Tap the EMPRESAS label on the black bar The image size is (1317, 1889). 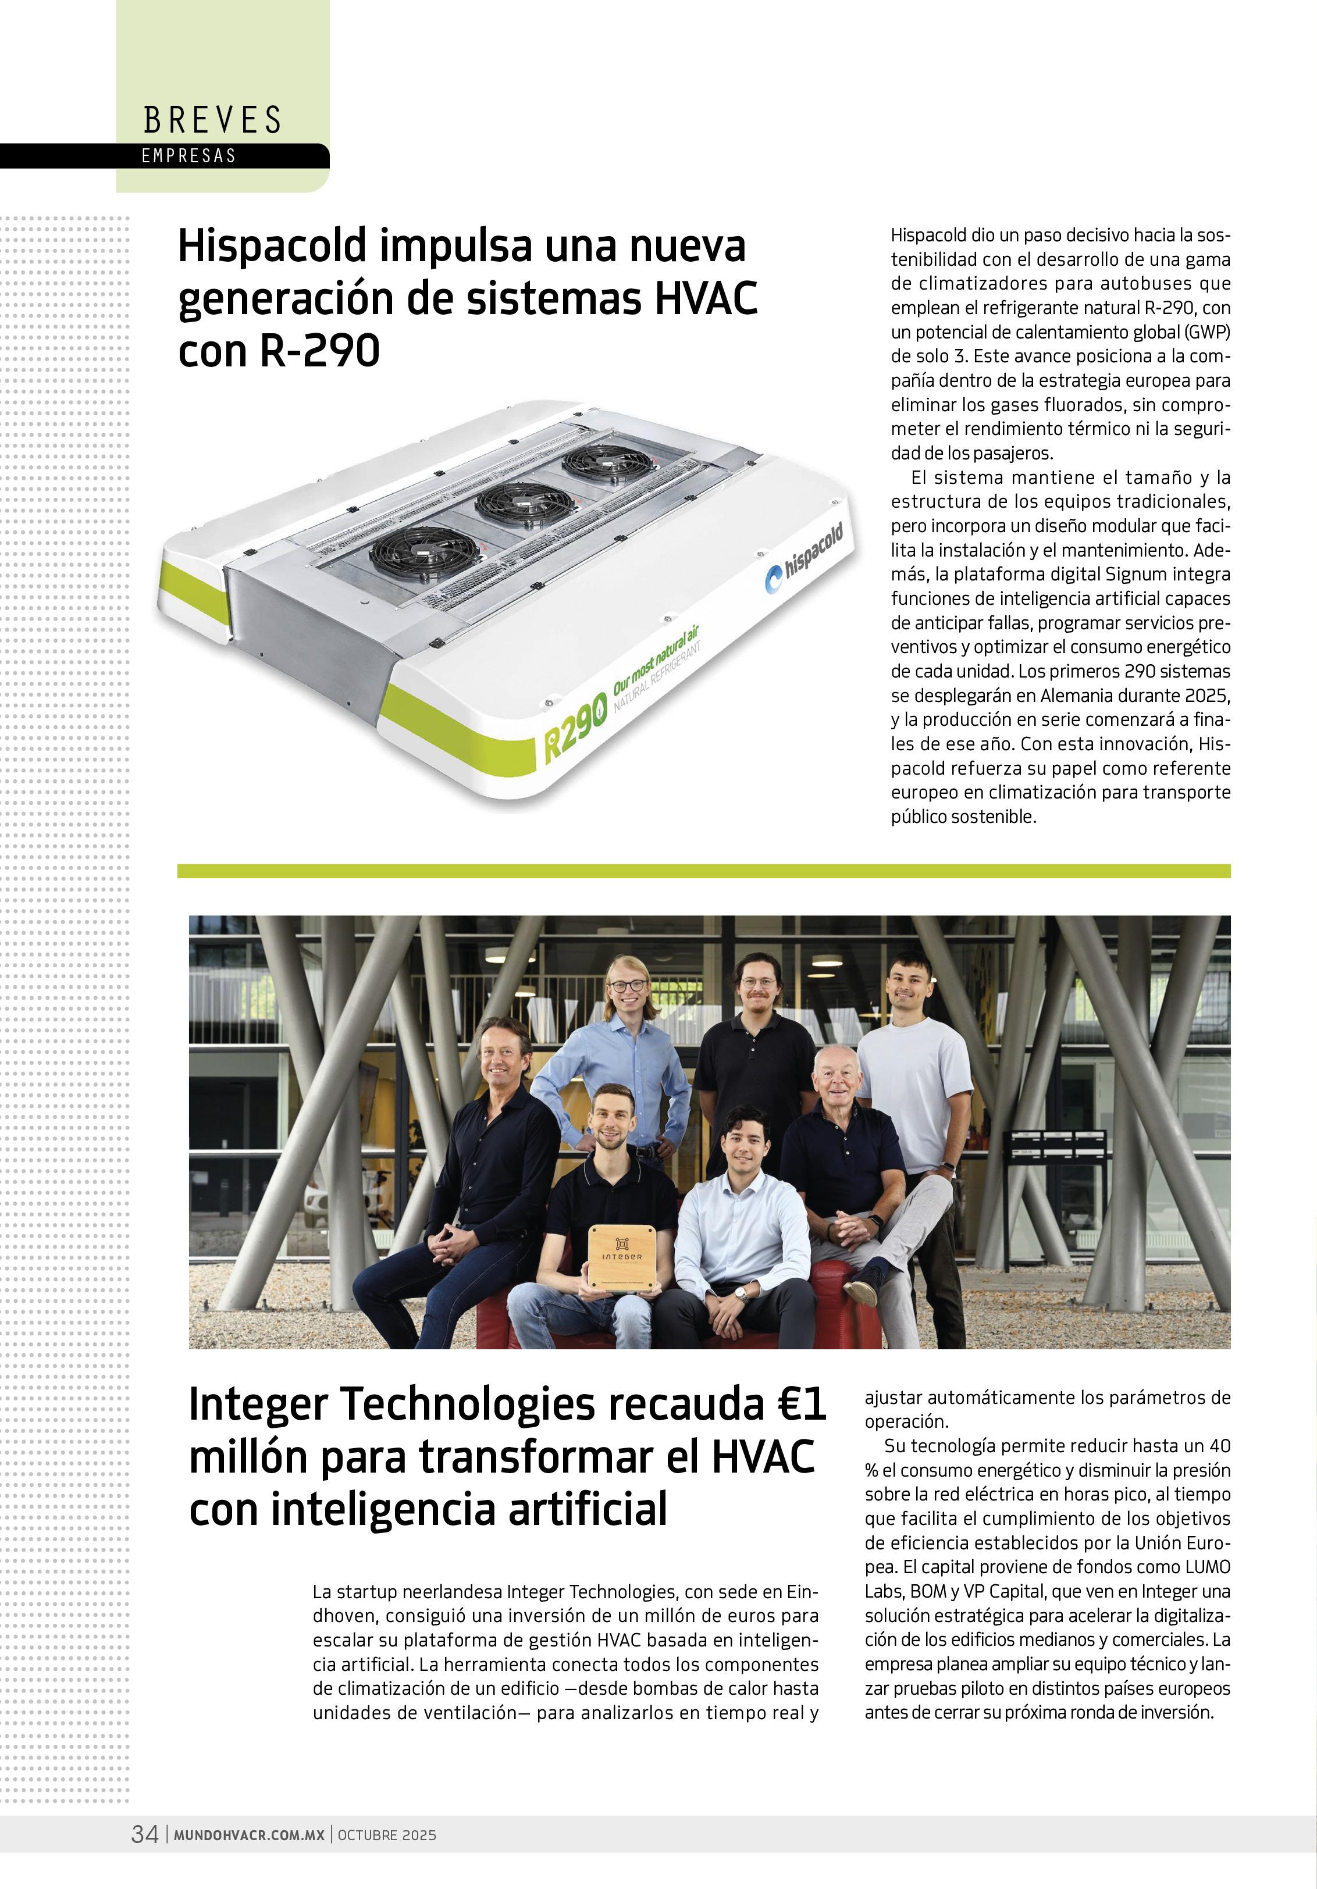click(x=188, y=155)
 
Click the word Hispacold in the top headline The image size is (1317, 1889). click(x=272, y=246)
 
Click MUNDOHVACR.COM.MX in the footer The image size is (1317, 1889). click(x=248, y=1835)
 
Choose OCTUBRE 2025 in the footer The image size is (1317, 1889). click(x=387, y=1835)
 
